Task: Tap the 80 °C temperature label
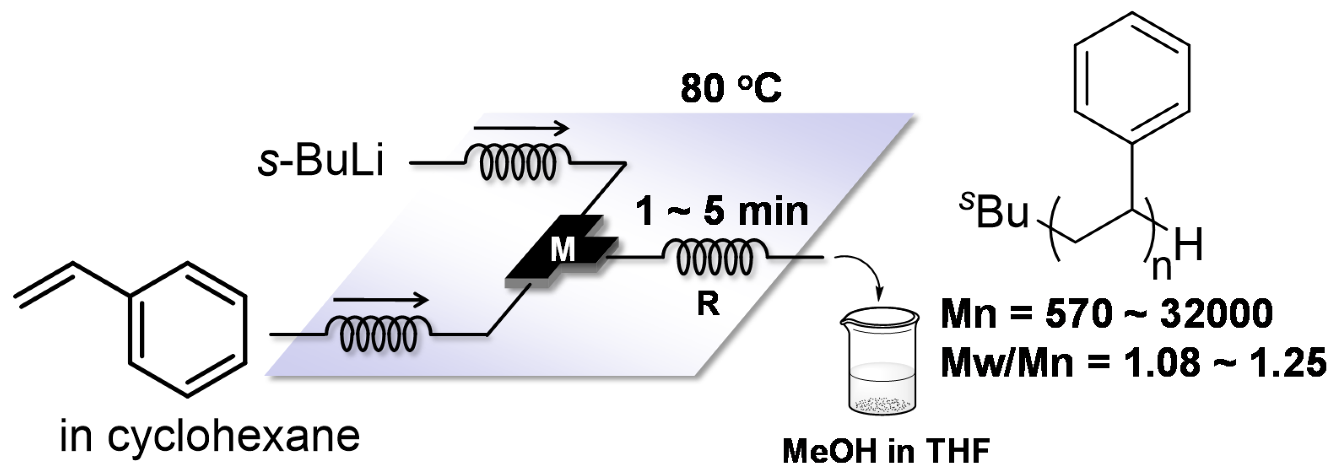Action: pyautogui.click(x=731, y=88)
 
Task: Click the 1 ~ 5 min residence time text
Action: pyautogui.click(x=722, y=212)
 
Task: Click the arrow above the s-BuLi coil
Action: pyautogui.click(x=521, y=127)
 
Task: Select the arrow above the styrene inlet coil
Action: pyautogui.click(x=381, y=299)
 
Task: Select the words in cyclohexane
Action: pyautogui.click(x=209, y=436)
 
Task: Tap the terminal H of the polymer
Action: pyautogui.click(x=1188, y=246)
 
